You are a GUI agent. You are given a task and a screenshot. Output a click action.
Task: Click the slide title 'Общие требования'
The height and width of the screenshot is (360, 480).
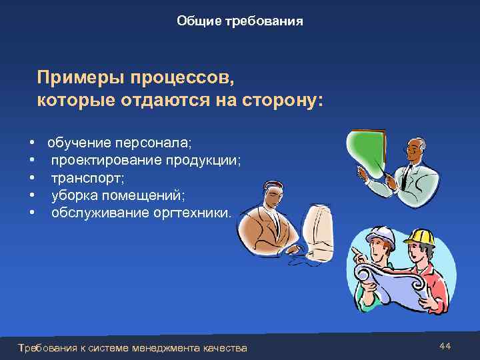(x=240, y=21)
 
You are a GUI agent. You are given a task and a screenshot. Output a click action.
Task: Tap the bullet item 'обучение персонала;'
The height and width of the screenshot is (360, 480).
(x=119, y=143)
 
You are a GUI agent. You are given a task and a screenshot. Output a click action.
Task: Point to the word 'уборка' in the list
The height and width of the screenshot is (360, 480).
(x=71, y=195)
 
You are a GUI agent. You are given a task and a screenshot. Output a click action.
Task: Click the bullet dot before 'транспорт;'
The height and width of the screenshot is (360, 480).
(x=32, y=179)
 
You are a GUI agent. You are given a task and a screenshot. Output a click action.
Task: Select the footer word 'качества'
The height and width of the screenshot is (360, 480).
(x=225, y=348)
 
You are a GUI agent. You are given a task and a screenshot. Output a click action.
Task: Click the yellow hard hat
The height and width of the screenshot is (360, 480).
(x=419, y=237)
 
